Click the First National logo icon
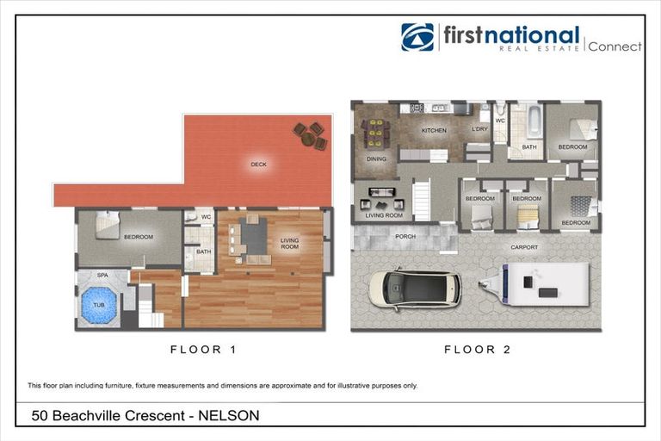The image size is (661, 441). (417, 37)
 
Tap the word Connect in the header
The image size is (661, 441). (615, 47)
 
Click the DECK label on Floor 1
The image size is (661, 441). (258, 164)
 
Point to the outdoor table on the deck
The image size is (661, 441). (309, 135)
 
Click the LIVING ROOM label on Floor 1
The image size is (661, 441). (289, 244)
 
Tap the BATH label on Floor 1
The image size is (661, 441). (204, 252)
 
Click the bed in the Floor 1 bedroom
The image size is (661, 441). (107, 226)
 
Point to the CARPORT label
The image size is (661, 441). (524, 247)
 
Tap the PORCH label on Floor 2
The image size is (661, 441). (405, 236)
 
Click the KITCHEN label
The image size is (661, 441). (434, 131)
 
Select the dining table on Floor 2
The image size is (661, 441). (375, 134)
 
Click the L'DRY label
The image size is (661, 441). (479, 129)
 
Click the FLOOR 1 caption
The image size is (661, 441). (202, 350)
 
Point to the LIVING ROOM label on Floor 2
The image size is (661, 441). (384, 215)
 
